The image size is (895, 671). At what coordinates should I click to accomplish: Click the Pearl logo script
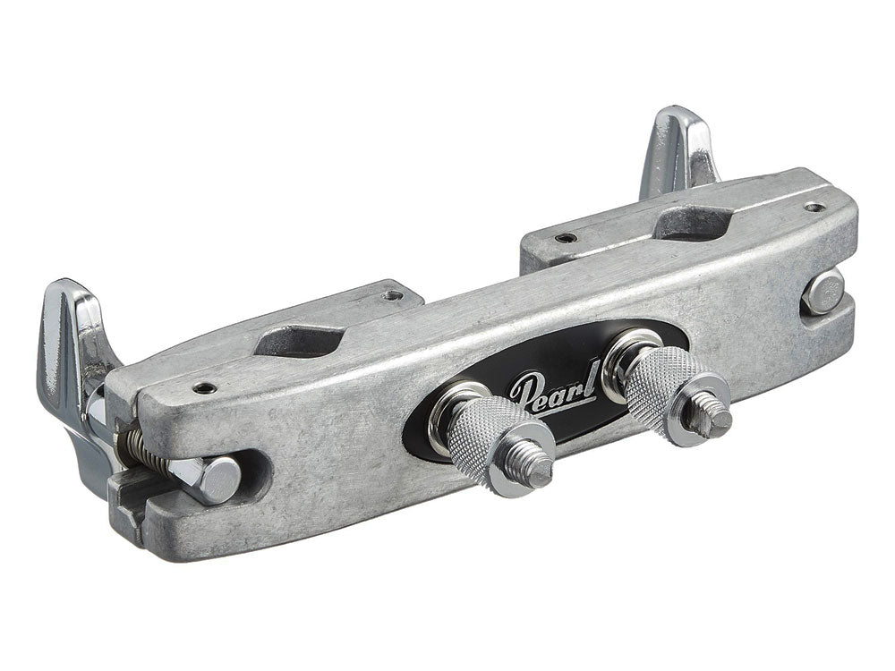click(555, 388)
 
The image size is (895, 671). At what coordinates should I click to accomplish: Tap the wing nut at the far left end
click(74, 365)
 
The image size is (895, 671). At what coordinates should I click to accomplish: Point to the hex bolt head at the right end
click(823, 293)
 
